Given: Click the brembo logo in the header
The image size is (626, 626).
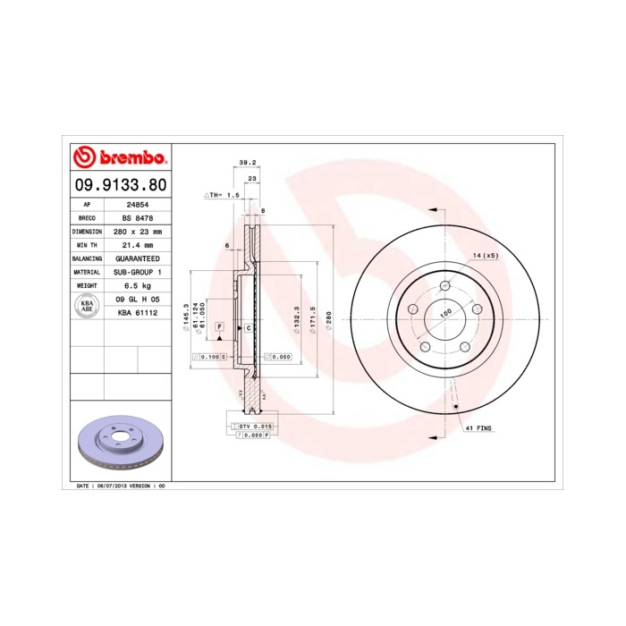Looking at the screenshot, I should point(118,158).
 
